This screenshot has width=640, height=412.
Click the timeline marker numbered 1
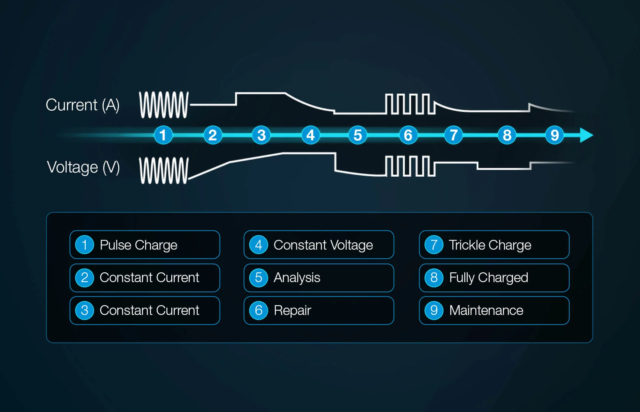(x=163, y=135)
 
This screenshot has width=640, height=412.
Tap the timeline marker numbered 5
(x=357, y=135)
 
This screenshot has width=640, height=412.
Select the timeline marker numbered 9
(x=554, y=135)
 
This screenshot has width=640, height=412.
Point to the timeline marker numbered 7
(x=453, y=135)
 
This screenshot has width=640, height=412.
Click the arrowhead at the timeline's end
(x=586, y=135)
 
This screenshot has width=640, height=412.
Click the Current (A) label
(x=83, y=105)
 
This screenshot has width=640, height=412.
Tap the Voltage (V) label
(x=83, y=167)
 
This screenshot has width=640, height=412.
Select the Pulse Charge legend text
(x=138, y=245)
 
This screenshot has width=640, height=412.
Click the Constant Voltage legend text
(x=323, y=245)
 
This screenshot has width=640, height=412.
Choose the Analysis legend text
(x=297, y=278)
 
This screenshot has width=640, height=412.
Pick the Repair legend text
(x=292, y=310)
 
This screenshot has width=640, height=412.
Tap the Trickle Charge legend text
(x=490, y=245)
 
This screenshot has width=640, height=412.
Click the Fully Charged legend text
(x=488, y=278)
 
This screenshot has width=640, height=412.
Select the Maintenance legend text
(x=486, y=310)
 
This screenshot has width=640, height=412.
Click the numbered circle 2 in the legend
(x=84, y=278)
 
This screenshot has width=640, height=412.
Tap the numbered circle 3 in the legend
(x=84, y=310)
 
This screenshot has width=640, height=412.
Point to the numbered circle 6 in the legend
(x=258, y=310)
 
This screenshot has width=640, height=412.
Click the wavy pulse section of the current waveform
(x=164, y=105)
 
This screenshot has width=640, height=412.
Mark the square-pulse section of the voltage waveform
(x=410, y=166)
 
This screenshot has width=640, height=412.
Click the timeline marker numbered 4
(x=310, y=135)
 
